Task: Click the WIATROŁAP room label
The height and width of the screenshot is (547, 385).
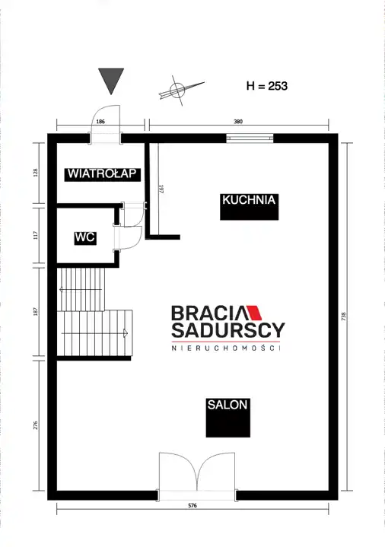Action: tap(103, 173)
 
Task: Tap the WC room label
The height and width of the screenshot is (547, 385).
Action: tap(85, 237)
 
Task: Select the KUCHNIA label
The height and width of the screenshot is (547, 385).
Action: tap(249, 200)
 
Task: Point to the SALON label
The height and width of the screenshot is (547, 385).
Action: tap(228, 405)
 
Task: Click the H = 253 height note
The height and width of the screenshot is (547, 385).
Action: tap(267, 86)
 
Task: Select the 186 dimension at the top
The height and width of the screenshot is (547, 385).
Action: tap(100, 122)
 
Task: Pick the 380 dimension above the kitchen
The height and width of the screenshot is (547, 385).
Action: tap(238, 122)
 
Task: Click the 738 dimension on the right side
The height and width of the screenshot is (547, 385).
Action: tap(344, 316)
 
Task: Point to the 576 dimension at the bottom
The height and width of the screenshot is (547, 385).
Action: tap(192, 505)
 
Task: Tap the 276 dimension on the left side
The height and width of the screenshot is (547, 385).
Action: tap(35, 425)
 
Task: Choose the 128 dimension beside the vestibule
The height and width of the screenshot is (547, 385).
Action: tap(35, 173)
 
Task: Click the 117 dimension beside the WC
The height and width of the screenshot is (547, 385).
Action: tap(35, 235)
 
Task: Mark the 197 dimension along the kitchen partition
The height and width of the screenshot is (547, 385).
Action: tap(161, 189)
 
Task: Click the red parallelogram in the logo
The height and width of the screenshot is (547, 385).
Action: tap(255, 313)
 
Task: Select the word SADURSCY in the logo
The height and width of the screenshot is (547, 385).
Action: tap(228, 330)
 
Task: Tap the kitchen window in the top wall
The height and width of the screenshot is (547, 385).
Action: tap(250, 138)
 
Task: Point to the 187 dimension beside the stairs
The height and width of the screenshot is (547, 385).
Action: tap(35, 311)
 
